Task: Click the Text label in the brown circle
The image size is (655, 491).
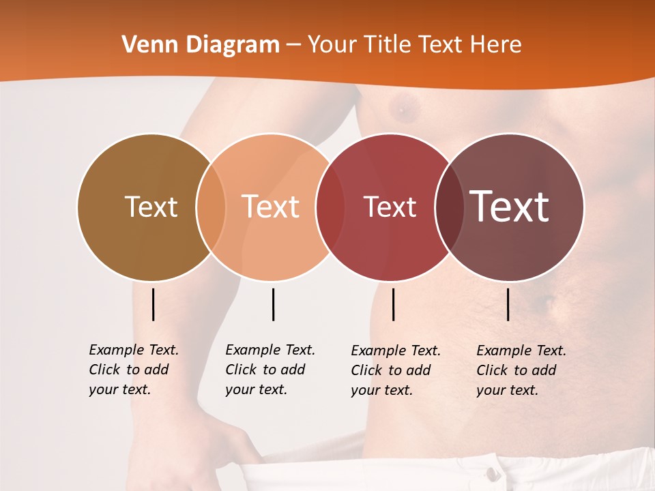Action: pos(151,207)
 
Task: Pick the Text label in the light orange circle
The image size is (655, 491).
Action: pos(270,207)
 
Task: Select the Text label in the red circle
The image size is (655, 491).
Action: pos(390,207)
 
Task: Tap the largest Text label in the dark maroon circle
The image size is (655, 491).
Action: pos(510,206)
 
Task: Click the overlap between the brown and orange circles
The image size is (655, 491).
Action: pos(211,207)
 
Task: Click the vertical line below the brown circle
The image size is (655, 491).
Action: pos(153,304)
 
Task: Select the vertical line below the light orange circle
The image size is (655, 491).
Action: pos(273,304)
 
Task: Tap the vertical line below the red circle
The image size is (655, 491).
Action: pos(393,304)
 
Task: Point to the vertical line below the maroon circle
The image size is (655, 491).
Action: pos(508,304)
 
